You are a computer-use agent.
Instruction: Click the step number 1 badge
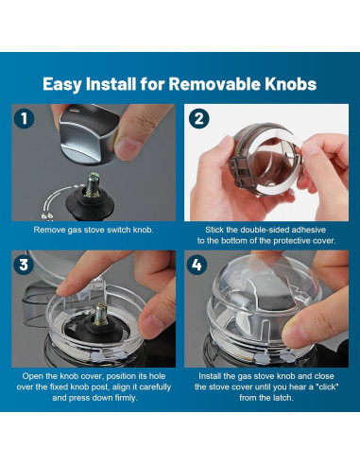pos(24,119)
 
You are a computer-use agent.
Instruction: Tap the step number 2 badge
pos(198,119)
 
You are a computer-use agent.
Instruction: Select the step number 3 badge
pos(24,265)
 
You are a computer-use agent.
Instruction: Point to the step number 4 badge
pos(197,265)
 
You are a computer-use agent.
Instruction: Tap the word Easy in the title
pos(62,84)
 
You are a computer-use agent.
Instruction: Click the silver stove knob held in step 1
pos(88,134)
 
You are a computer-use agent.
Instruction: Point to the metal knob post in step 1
pos(94,185)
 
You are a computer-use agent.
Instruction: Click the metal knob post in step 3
pos(101,314)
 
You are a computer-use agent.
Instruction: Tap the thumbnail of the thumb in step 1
pos(128,149)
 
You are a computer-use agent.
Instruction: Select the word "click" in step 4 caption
pos(327,387)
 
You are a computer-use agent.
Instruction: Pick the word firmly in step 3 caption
pos(126,398)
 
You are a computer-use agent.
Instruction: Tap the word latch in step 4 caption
pos(283,398)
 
